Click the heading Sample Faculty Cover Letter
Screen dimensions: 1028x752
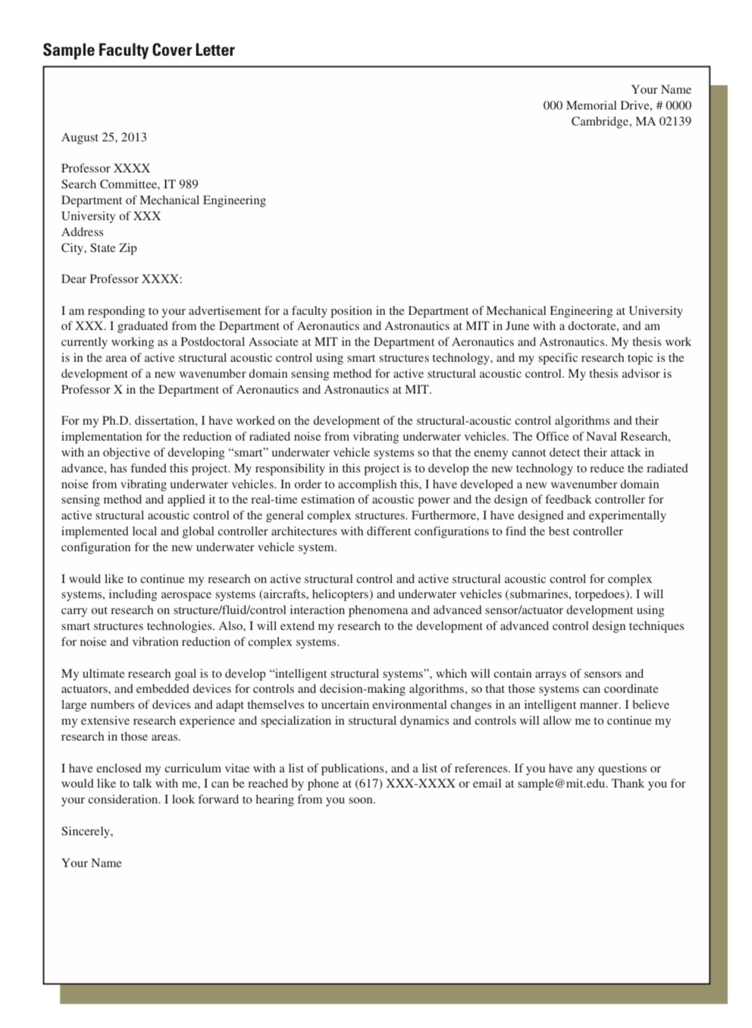click(x=139, y=50)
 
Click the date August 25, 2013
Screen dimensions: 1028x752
click(x=104, y=137)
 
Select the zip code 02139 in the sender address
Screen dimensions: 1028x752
click(x=675, y=121)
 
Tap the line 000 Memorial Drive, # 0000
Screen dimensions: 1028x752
click(x=616, y=105)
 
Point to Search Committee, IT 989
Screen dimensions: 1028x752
click(x=130, y=184)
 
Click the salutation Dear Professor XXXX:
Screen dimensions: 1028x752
click(x=121, y=279)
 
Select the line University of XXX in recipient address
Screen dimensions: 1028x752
click(x=111, y=216)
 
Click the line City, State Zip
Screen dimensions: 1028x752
click(x=99, y=248)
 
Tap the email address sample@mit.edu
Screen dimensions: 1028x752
click(x=561, y=783)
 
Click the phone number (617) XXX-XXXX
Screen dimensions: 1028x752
click(x=405, y=783)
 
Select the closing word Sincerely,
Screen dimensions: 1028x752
click(x=87, y=831)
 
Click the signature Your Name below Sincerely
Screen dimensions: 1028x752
click(x=91, y=863)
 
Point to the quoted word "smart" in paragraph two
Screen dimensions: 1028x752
click(x=247, y=453)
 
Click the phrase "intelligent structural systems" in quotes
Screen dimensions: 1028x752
click(x=349, y=673)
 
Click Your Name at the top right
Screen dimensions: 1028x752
click(x=660, y=89)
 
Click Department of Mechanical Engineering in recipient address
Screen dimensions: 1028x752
click(x=163, y=200)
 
